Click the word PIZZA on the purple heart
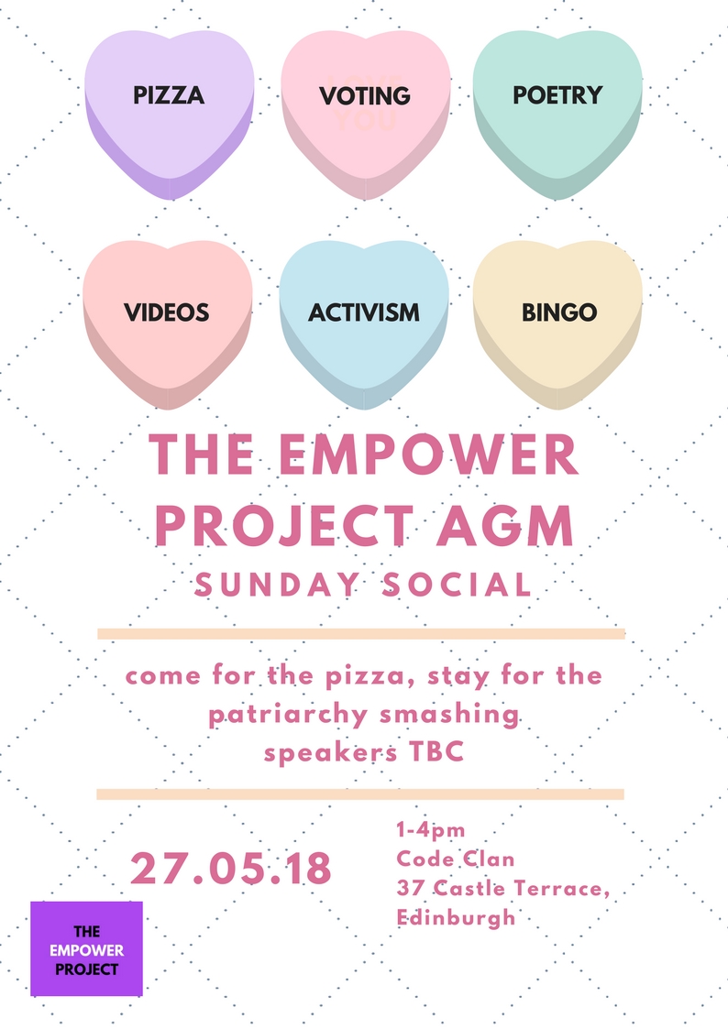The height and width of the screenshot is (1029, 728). (x=169, y=95)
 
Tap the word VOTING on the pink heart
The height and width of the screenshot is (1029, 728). (x=365, y=96)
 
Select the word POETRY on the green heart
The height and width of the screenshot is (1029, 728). (x=557, y=95)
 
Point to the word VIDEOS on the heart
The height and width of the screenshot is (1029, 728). (x=167, y=312)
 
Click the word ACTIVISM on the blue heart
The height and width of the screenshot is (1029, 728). (x=364, y=312)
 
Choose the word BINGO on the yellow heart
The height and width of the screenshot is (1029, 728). (x=559, y=312)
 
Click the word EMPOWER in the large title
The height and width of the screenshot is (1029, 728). (x=429, y=454)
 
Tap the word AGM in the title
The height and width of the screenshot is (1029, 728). (x=505, y=526)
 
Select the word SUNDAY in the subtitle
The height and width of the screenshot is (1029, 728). (x=276, y=585)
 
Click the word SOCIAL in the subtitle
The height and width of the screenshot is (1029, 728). (x=458, y=585)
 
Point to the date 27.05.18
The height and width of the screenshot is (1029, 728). (x=231, y=869)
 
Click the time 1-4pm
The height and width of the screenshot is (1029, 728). (x=431, y=830)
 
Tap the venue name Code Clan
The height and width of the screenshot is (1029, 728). (x=456, y=859)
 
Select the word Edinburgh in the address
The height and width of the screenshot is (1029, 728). (x=456, y=917)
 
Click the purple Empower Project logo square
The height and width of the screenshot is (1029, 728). (x=87, y=949)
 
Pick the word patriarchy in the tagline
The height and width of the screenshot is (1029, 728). (x=288, y=715)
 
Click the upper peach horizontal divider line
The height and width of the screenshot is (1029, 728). (x=361, y=634)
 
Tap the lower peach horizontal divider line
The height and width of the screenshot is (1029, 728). (x=360, y=794)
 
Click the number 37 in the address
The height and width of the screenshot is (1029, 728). (x=410, y=888)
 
